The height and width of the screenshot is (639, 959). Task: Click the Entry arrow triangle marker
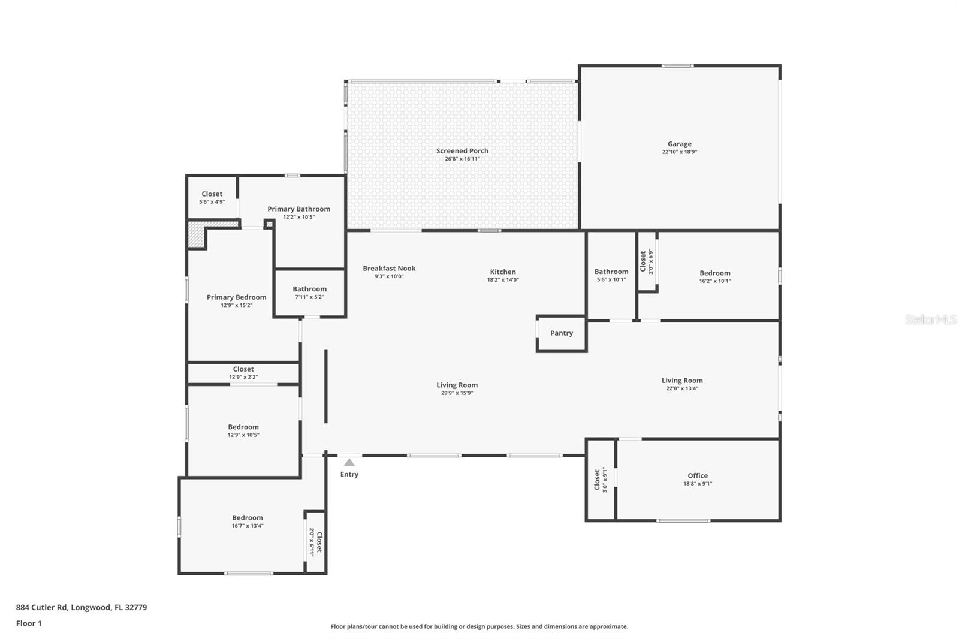[349, 462]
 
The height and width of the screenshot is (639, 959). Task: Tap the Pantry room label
[562, 333]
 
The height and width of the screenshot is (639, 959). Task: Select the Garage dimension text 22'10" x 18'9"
[679, 152]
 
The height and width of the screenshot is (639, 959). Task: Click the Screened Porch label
[462, 151]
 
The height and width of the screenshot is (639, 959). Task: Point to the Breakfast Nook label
[389, 269]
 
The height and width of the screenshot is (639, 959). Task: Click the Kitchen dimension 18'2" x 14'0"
[503, 280]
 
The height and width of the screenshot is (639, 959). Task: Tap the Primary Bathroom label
[298, 209]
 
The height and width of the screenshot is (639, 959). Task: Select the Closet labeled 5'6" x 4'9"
[212, 198]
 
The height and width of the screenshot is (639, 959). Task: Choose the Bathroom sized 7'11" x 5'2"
[309, 293]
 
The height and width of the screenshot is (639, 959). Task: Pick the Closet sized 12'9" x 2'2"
[243, 373]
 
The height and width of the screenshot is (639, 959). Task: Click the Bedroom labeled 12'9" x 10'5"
[243, 430]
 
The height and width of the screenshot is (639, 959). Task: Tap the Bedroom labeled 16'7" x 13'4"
[248, 521]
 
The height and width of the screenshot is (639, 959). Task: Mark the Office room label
[698, 475]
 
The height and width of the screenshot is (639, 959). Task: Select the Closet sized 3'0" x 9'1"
[601, 480]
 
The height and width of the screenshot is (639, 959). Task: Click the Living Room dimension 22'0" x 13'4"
[682, 388]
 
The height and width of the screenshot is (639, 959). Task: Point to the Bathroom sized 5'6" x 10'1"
[611, 275]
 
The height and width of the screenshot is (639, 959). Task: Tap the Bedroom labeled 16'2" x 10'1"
[715, 276]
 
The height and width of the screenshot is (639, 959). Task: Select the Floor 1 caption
[29, 623]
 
